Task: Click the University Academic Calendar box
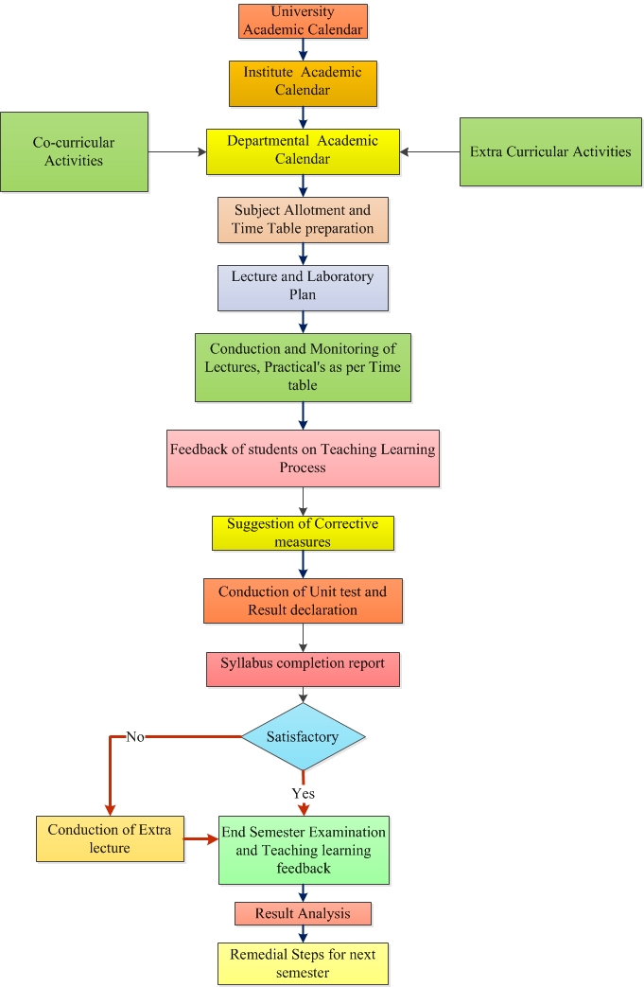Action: click(x=302, y=21)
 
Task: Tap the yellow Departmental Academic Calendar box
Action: click(x=303, y=151)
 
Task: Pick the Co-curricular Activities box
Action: click(x=74, y=151)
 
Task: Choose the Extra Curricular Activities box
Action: click(x=550, y=151)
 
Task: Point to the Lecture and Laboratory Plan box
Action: click(x=303, y=287)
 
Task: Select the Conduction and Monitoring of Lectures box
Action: click(x=303, y=366)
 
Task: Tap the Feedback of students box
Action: click(x=303, y=458)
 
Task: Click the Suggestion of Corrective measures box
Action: click(x=303, y=533)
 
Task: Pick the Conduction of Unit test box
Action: click(x=303, y=601)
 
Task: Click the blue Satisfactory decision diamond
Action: click(x=303, y=735)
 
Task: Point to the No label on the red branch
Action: click(x=134, y=736)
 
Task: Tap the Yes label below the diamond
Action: click(x=303, y=793)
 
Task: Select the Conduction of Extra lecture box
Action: click(x=110, y=838)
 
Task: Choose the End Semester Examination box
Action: click(x=304, y=850)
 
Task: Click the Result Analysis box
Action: click(x=303, y=913)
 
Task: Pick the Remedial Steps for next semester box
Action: click(x=303, y=963)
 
